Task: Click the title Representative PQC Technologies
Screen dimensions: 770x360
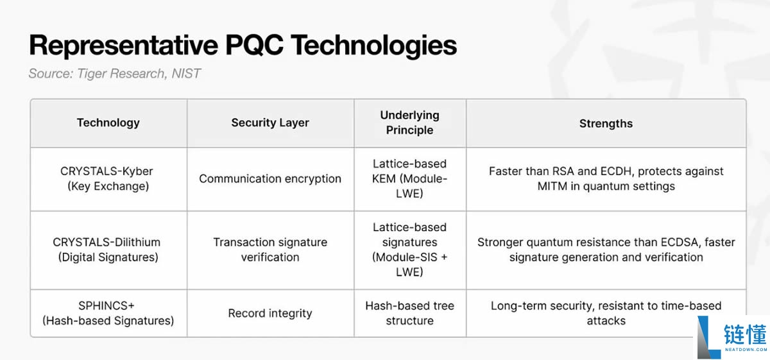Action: (243, 46)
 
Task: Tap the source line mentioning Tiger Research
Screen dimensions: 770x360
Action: (114, 74)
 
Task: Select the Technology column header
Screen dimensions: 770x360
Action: (108, 123)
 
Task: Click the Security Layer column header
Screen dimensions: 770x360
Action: (270, 123)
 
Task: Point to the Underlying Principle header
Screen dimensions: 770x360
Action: (410, 123)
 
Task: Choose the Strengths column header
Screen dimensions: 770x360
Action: (606, 123)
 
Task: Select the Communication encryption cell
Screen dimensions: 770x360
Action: (270, 179)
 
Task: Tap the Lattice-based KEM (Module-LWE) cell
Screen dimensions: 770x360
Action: (410, 179)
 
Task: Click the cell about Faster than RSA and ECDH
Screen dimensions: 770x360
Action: (606, 179)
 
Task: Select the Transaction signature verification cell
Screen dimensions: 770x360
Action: (270, 250)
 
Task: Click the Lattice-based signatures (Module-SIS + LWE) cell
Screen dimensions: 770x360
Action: (410, 250)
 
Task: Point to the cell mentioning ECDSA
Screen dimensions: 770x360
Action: (606, 250)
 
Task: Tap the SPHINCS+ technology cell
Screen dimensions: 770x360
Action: (108, 313)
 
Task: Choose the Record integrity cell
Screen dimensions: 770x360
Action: (270, 313)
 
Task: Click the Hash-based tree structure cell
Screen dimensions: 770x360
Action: (410, 313)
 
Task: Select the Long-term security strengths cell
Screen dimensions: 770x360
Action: (606, 313)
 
